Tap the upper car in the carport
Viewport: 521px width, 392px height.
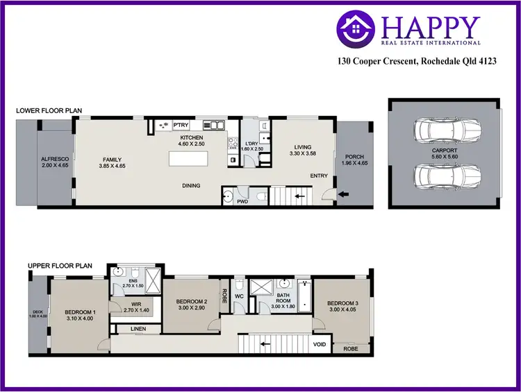444,129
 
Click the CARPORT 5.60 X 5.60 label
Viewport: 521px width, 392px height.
443,154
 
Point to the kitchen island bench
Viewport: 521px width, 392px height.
192,160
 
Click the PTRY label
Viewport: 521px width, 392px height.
181,126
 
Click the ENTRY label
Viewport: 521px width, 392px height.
319,176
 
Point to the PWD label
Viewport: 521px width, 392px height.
242,202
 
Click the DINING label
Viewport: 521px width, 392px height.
191,185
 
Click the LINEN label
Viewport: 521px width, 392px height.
138,329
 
